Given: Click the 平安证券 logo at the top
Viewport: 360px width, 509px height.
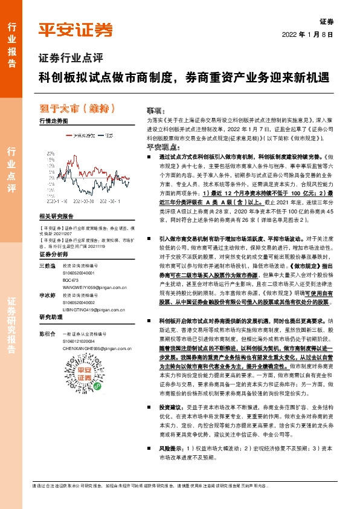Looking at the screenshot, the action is click(x=76, y=30).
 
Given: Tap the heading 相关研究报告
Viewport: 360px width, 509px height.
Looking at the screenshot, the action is click(x=56, y=216).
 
